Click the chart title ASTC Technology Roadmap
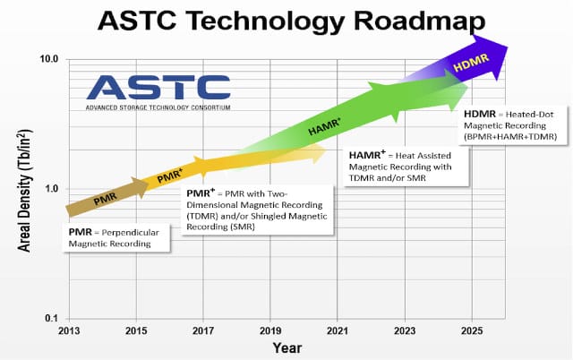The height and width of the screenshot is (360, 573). click(x=291, y=21)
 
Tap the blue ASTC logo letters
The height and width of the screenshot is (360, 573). click(x=158, y=88)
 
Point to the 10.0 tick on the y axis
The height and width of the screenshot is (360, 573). click(x=49, y=59)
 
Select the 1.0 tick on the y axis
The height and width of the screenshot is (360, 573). click(x=52, y=189)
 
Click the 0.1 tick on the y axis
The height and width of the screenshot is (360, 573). click(x=52, y=318)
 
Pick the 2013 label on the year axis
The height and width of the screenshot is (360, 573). click(x=69, y=331)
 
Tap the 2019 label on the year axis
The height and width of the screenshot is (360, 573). click(x=270, y=331)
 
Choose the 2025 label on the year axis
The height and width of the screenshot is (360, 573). click(x=472, y=331)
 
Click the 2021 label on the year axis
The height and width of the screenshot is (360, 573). click(x=338, y=331)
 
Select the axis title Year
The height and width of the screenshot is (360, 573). click(x=287, y=348)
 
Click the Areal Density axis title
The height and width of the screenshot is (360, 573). click(x=25, y=191)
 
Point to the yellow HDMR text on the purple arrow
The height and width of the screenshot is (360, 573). click(x=471, y=63)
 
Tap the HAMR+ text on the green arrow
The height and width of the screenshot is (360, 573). click(x=324, y=126)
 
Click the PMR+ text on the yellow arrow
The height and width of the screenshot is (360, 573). click(x=169, y=176)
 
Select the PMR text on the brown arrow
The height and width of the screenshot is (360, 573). click(x=106, y=199)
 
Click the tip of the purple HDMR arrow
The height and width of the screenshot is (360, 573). click(x=508, y=47)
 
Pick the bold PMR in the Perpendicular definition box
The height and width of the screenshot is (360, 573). click(x=81, y=233)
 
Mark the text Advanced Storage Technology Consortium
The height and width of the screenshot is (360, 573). click(x=158, y=107)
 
